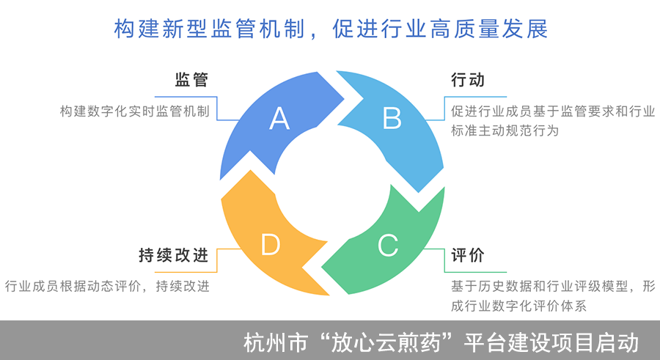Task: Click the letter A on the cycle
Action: (x=279, y=118)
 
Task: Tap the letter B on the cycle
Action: (x=392, y=117)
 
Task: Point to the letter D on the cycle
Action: (x=271, y=245)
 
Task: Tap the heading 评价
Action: (x=468, y=256)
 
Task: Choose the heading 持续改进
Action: (x=174, y=256)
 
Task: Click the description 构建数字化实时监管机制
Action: (x=135, y=112)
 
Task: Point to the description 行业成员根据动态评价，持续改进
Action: (x=107, y=286)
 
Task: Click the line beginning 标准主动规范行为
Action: (x=505, y=132)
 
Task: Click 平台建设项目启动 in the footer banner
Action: (x=554, y=342)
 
